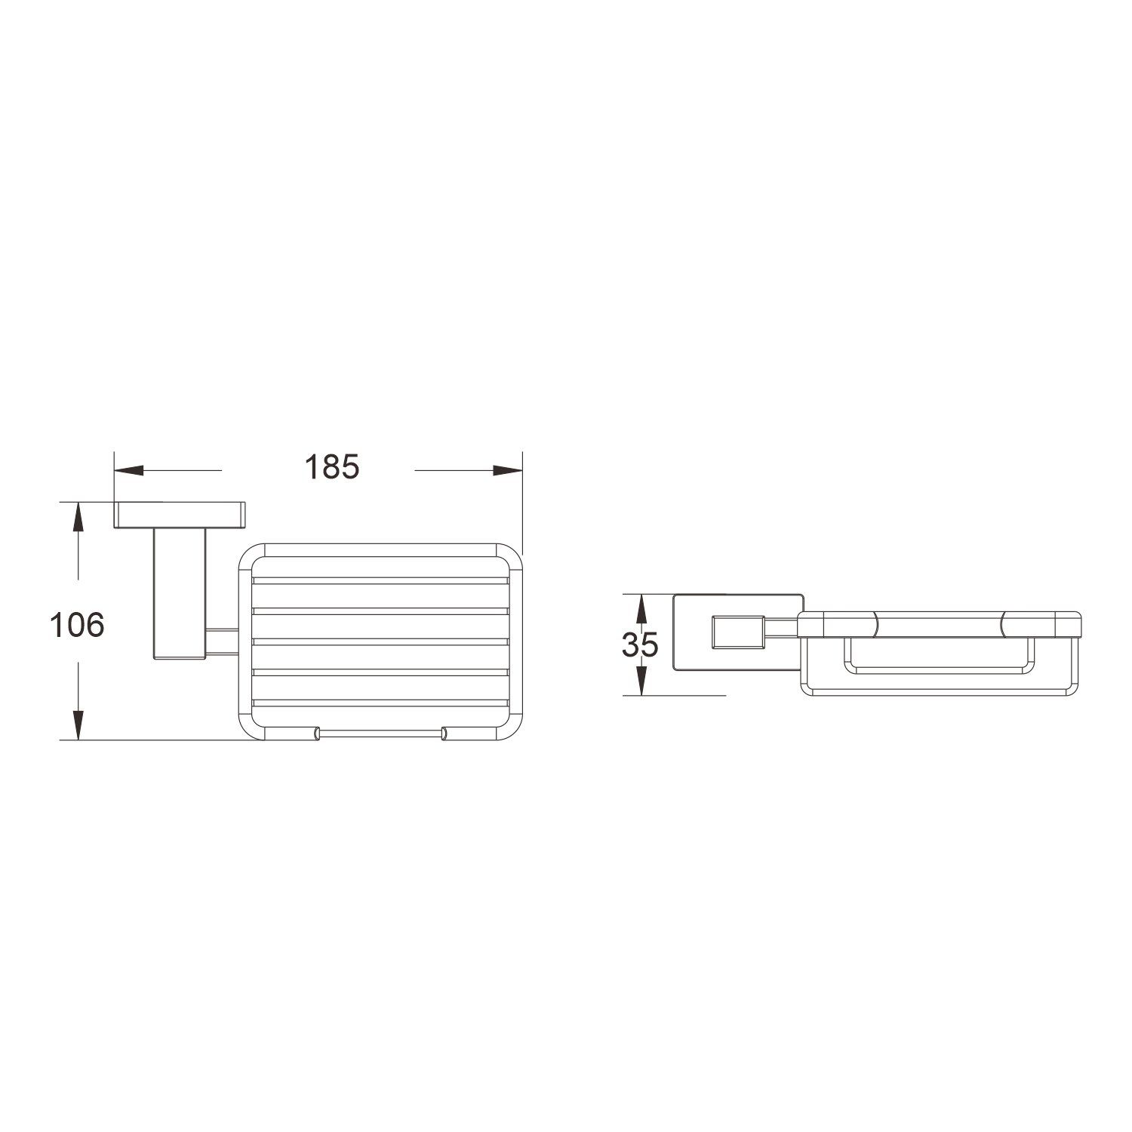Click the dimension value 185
pyautogui.click(x=333, y=468)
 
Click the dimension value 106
pyautogui.click(x=76, y=625)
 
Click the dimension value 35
pyautogui.click(x=640, y=644)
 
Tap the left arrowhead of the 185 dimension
pyautogui.click(x=128, y=471)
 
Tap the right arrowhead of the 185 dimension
pyautogui.click(x=508, y=471)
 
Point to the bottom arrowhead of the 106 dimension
pyautogui.click(x=78, y=725)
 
